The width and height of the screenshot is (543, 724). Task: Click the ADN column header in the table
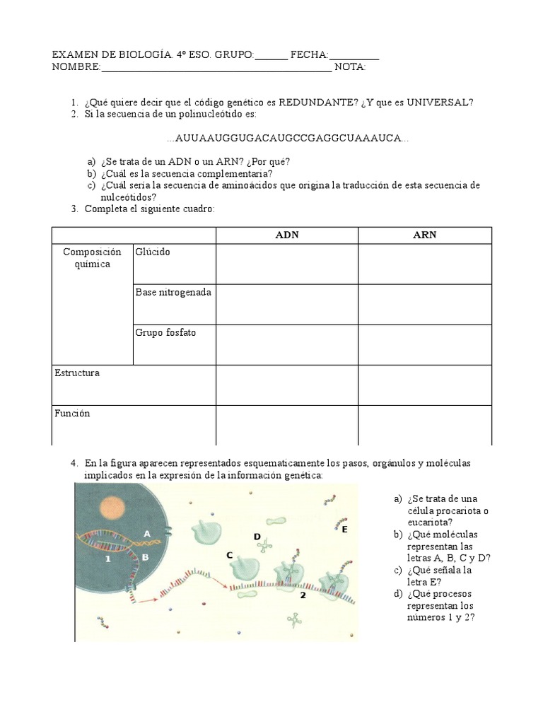click(286, 235)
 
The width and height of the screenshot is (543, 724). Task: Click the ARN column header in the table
click(424, 235)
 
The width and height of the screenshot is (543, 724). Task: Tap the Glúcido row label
click(153, 252)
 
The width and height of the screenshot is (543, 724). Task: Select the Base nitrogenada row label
click(173, 293)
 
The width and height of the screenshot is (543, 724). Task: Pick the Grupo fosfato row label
click(165, 333)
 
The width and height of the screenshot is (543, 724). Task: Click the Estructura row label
click(77, 373)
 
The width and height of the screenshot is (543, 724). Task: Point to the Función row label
click(72, 414)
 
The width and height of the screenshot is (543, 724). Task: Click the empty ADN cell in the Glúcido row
click(286, 264)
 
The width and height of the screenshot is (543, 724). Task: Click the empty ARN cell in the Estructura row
click(424, 385)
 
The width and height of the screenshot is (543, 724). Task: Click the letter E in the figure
click(344, 529)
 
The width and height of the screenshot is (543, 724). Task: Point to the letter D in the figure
click(257, 537)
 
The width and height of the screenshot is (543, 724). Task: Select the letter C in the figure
click(229, 556)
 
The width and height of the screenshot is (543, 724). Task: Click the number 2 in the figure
click(302, 595)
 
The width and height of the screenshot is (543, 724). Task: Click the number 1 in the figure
click(108, 559)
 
